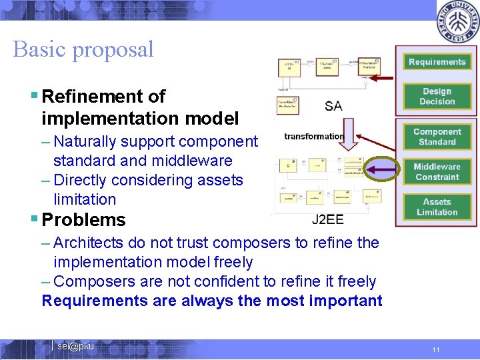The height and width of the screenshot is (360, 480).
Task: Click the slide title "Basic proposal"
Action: [x=83, y=49]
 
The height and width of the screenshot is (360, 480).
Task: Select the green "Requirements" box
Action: [x=437, y=62]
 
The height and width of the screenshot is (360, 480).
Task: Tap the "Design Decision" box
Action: [x=437, y=97]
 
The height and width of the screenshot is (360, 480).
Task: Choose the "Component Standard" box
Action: [x=437, y=137]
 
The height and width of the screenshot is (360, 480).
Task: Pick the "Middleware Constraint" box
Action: [x=437, y=172]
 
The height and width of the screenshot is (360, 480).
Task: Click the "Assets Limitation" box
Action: [x=437, y=207]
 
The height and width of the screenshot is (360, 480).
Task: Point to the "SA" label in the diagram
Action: [x=334, y=106]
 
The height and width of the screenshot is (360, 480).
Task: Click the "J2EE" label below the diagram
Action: [x=328, y=220]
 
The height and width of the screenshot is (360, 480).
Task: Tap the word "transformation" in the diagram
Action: [x=313, y=137]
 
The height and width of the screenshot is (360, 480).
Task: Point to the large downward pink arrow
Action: [x=349, y=133]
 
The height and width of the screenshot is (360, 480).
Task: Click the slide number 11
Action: [x=435, y=349]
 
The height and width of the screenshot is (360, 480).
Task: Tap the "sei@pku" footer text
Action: [x=75, y=346]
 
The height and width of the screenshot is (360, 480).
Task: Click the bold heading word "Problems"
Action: [x=83, y=219]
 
